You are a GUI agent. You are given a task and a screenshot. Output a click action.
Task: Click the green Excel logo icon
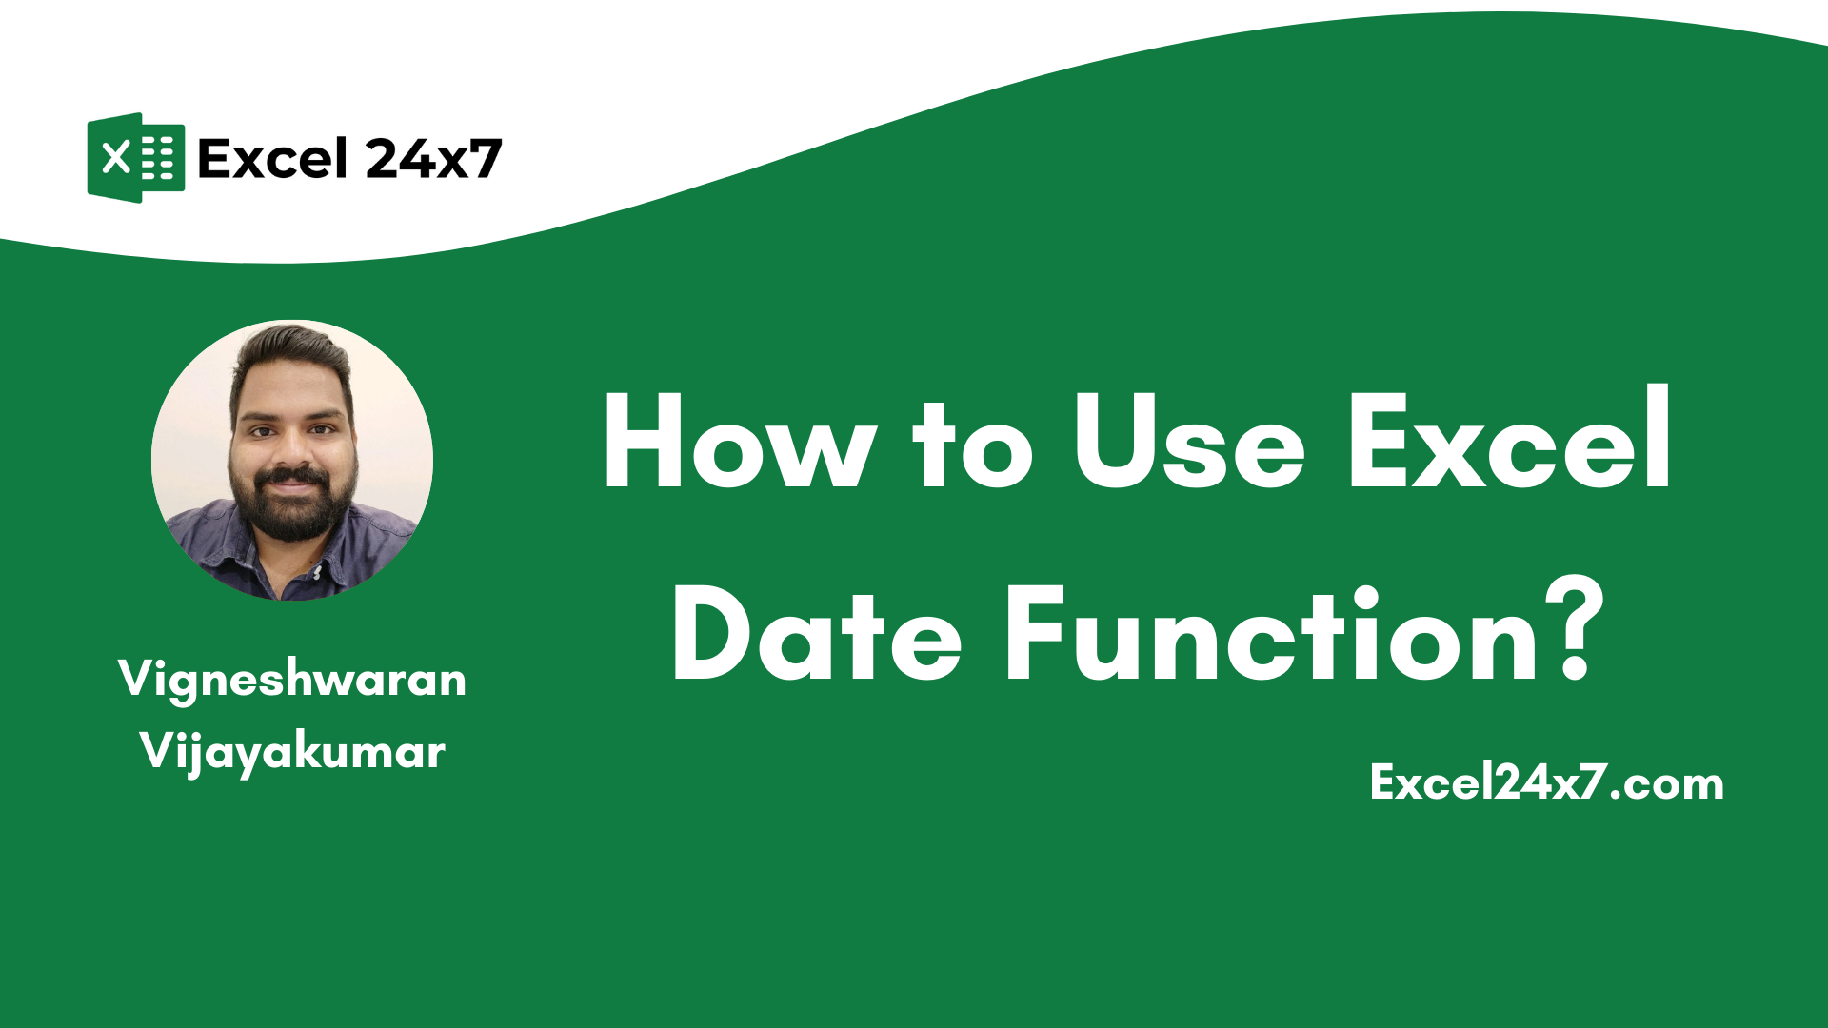(135, 158)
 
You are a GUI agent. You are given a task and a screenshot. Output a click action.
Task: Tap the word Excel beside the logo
(272, 159)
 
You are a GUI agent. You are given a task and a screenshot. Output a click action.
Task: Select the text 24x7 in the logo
(433, 159)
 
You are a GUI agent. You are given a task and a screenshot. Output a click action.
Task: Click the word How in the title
(739, 444)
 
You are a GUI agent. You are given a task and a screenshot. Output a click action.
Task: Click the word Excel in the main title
(1509, 440)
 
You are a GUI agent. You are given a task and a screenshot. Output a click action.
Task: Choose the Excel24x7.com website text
(1546, 782)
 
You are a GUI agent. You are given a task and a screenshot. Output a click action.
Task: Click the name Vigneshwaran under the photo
(292, 680)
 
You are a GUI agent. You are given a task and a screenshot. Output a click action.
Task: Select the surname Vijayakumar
(292, 752)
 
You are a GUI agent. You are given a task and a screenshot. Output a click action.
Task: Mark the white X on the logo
(116, 158)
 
